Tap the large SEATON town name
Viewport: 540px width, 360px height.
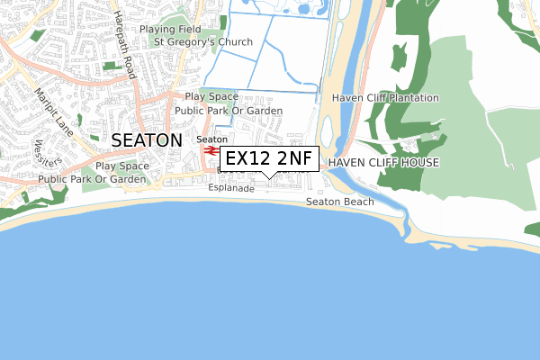[148, 140]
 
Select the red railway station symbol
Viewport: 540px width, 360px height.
[211, 151]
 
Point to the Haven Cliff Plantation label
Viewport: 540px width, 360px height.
[385, 98]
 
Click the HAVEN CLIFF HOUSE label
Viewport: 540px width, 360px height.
[383, 163]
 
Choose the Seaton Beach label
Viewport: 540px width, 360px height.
[339, 202]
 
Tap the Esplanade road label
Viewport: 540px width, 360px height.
[231, 189]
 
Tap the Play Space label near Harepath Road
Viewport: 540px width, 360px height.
[211, 96]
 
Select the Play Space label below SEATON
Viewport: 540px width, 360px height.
[122, 166]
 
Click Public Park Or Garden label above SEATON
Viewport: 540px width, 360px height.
[229, 111]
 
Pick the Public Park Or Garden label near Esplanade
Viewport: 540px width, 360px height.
[93, 179]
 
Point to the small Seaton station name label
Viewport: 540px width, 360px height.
[211, 139]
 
